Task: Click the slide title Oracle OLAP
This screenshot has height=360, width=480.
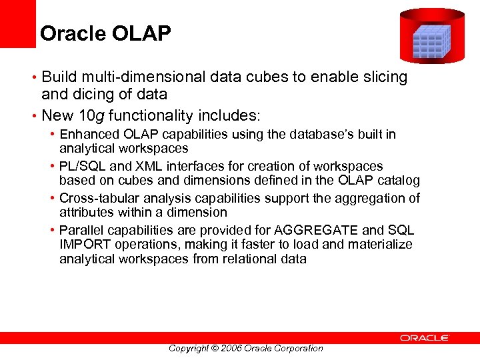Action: click(105, 33)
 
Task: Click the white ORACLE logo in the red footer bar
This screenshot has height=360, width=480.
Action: click(425, 338)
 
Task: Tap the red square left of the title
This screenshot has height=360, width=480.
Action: click(17, 24)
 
